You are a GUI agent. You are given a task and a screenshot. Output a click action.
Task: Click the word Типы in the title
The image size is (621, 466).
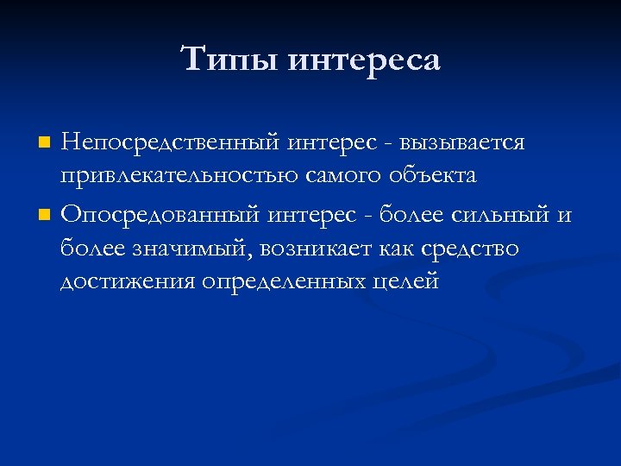point(229,60)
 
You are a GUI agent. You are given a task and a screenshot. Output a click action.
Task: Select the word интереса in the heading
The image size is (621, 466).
point(363,60)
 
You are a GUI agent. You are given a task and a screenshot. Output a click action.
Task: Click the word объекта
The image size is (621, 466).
point(434,176)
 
